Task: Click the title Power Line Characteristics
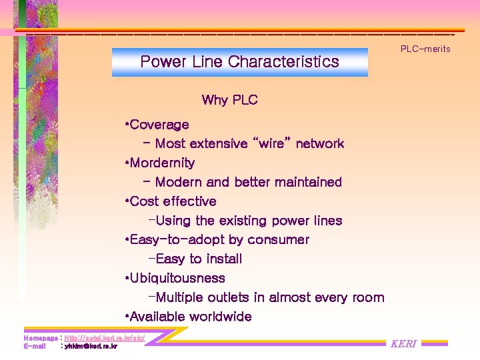coord(239,62)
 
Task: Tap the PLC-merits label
coord(425,49)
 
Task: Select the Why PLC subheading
coord(229,100)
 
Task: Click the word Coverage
coord(159,125)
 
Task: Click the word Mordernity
coord(162,163)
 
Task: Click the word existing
coord(243,221)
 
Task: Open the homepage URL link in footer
coord(104,339)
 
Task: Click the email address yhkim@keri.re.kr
coord(91,346)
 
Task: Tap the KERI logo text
coord(403,344)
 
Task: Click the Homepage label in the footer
coord(40,339)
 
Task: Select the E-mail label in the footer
coord(35,346)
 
